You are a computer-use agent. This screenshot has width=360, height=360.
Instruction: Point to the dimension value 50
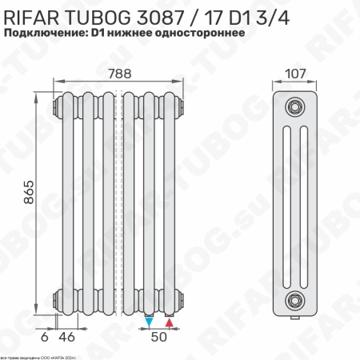(159, 337)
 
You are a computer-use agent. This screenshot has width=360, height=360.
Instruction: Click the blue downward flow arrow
(150, 322)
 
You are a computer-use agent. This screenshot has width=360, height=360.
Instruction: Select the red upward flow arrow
(169, 322)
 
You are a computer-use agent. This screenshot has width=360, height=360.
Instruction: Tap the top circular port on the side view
(296, 106)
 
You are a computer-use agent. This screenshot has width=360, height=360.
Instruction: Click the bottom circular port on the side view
(296, 300)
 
